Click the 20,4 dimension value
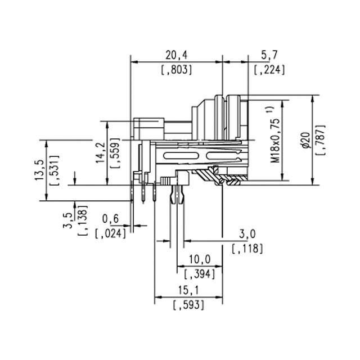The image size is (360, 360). click(176, 55)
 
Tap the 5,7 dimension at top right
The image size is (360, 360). click(269, 55)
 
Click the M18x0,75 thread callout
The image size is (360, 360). click(276, 135)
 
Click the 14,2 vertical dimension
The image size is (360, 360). click(100, 152)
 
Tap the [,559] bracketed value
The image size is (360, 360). click(116, 152)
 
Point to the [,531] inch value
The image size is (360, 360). click(55, 169)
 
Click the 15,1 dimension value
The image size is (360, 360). click(188, 290)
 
